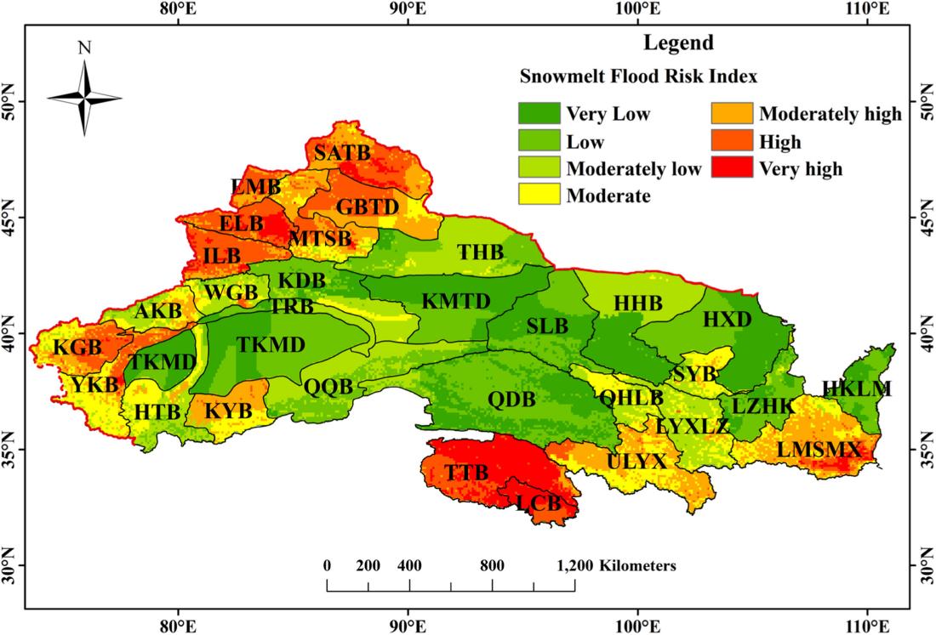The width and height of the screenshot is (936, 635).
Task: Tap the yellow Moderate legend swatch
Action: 539,195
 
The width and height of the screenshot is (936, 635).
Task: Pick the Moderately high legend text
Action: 830,114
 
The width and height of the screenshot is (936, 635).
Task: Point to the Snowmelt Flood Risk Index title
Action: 638,77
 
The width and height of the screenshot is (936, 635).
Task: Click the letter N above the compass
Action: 84,48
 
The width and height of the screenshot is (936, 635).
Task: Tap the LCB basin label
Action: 539,502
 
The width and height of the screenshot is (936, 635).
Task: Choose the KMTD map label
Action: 456,301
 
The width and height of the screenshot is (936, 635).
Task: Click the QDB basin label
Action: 511,398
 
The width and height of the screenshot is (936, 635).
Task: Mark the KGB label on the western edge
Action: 77,348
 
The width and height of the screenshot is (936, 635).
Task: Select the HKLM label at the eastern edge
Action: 857,389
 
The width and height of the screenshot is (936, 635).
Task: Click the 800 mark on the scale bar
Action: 492,565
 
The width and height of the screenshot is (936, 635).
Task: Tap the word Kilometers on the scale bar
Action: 637,565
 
